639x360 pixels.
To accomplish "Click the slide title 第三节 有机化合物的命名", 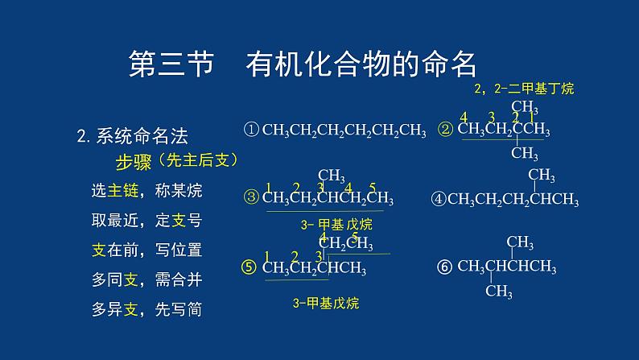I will (x=303, y=64).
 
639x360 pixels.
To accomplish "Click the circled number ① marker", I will (x=251, y=129).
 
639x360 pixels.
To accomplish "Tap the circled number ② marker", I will (x=446, y=129).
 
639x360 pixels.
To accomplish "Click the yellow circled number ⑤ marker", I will (x=251, y=268).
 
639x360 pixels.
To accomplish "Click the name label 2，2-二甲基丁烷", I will (x=524, y=88).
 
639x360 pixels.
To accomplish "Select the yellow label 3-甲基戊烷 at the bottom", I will (x=325, y=303).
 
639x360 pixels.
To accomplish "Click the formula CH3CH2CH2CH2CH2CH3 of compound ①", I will (x=344, y=130).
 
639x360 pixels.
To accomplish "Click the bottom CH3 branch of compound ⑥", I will (x=498, y=292).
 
